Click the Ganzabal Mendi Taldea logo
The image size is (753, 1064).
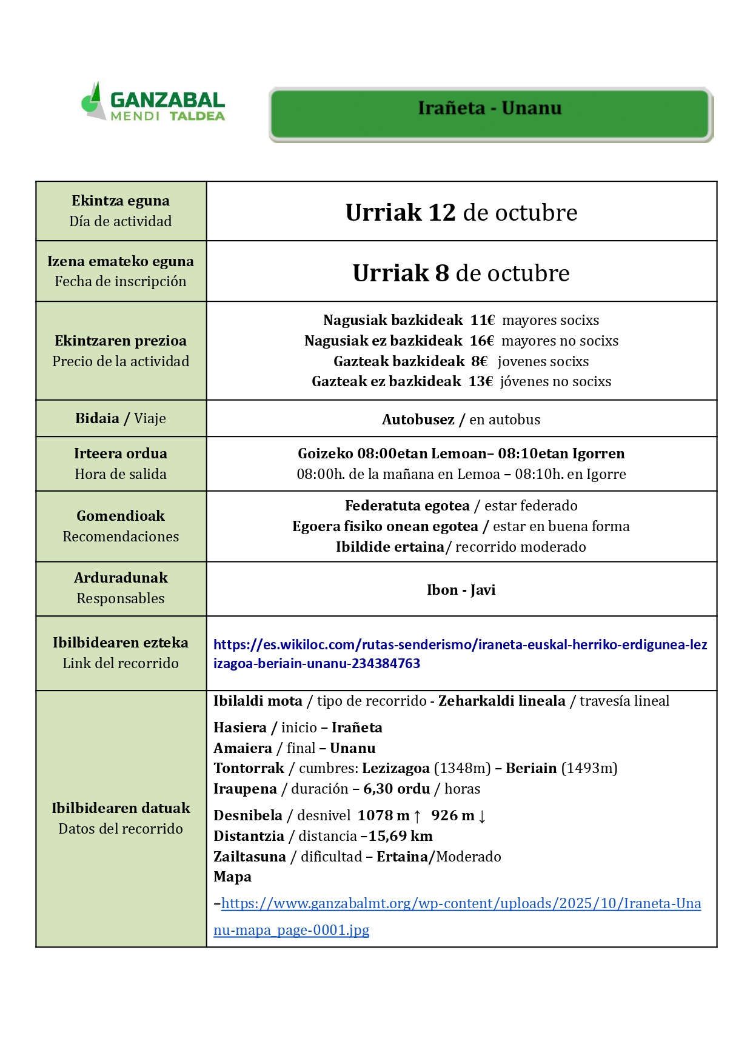[x=153, y=102]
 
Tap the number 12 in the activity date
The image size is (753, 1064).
[x=441, y=213]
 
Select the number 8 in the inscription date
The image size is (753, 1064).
[x=441, y=273]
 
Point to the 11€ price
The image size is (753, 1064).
[x=482, y=320]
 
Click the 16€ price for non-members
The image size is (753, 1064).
[x=481, y=341]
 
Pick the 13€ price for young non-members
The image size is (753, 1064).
[x=480, y=381]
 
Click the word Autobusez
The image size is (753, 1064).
[x=418, y=420]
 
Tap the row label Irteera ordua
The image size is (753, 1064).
[x=121, y=453]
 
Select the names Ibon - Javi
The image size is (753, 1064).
[x=461, y=590]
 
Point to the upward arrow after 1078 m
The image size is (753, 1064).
[x=417, y=816]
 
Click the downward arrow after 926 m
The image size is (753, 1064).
[x=482, y=816]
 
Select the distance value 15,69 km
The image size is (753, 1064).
[x=400, y=837]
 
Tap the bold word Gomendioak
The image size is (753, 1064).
[x=121, y=516]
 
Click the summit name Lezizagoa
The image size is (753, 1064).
[x=396, y=768]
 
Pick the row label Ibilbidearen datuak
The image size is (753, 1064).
[x=121, y=808]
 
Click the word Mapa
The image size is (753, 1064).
[x=232, y=877]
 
